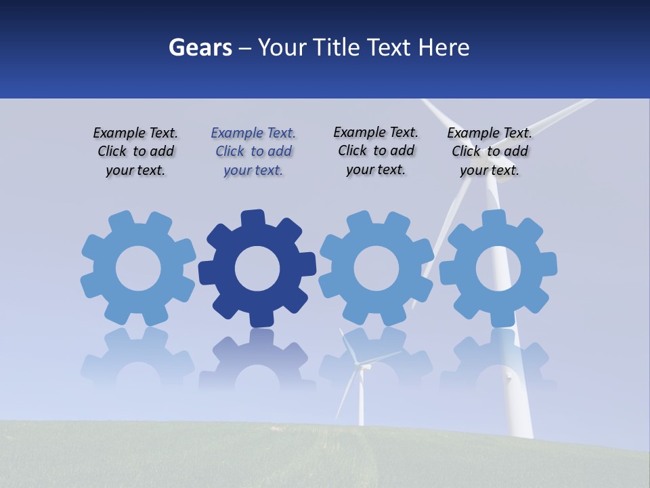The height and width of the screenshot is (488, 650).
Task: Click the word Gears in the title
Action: (200, 47)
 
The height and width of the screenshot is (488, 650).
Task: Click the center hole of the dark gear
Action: (257, 268)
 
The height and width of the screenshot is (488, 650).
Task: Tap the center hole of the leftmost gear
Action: (138, 268)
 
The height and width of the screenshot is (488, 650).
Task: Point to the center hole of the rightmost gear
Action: (498, 268)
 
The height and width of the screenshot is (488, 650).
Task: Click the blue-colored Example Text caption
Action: (253, 152)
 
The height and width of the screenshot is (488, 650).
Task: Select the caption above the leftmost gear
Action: (135, 152)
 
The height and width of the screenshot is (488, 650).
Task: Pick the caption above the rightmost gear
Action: (490, 152)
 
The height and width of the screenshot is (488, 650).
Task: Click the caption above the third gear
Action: (376, 150)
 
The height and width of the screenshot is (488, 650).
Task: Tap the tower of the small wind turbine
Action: (361, 403)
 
